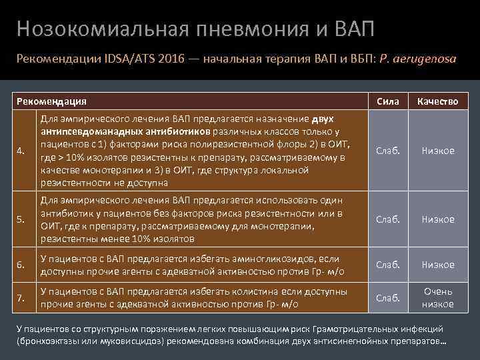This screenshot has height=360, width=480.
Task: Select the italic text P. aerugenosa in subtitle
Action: coord(417,59)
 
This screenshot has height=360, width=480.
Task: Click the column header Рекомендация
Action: coord(51,101)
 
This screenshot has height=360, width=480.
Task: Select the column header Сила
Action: coord(388,101)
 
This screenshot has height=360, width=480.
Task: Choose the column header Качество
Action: coord(438,101)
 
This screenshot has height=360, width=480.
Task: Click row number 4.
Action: coord(22,151)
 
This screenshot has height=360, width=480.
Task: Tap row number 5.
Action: coord(22,219)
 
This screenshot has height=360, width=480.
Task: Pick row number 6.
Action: coord(22,265)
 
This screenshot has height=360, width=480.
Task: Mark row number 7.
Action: coord(22,297)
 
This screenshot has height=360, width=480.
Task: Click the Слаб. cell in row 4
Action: coord(388,151)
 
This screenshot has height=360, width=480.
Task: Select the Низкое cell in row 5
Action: coord(438,219)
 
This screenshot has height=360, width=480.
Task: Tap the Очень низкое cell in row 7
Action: coord(438,297)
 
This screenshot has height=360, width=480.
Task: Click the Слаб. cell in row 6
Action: coord(388,265)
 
